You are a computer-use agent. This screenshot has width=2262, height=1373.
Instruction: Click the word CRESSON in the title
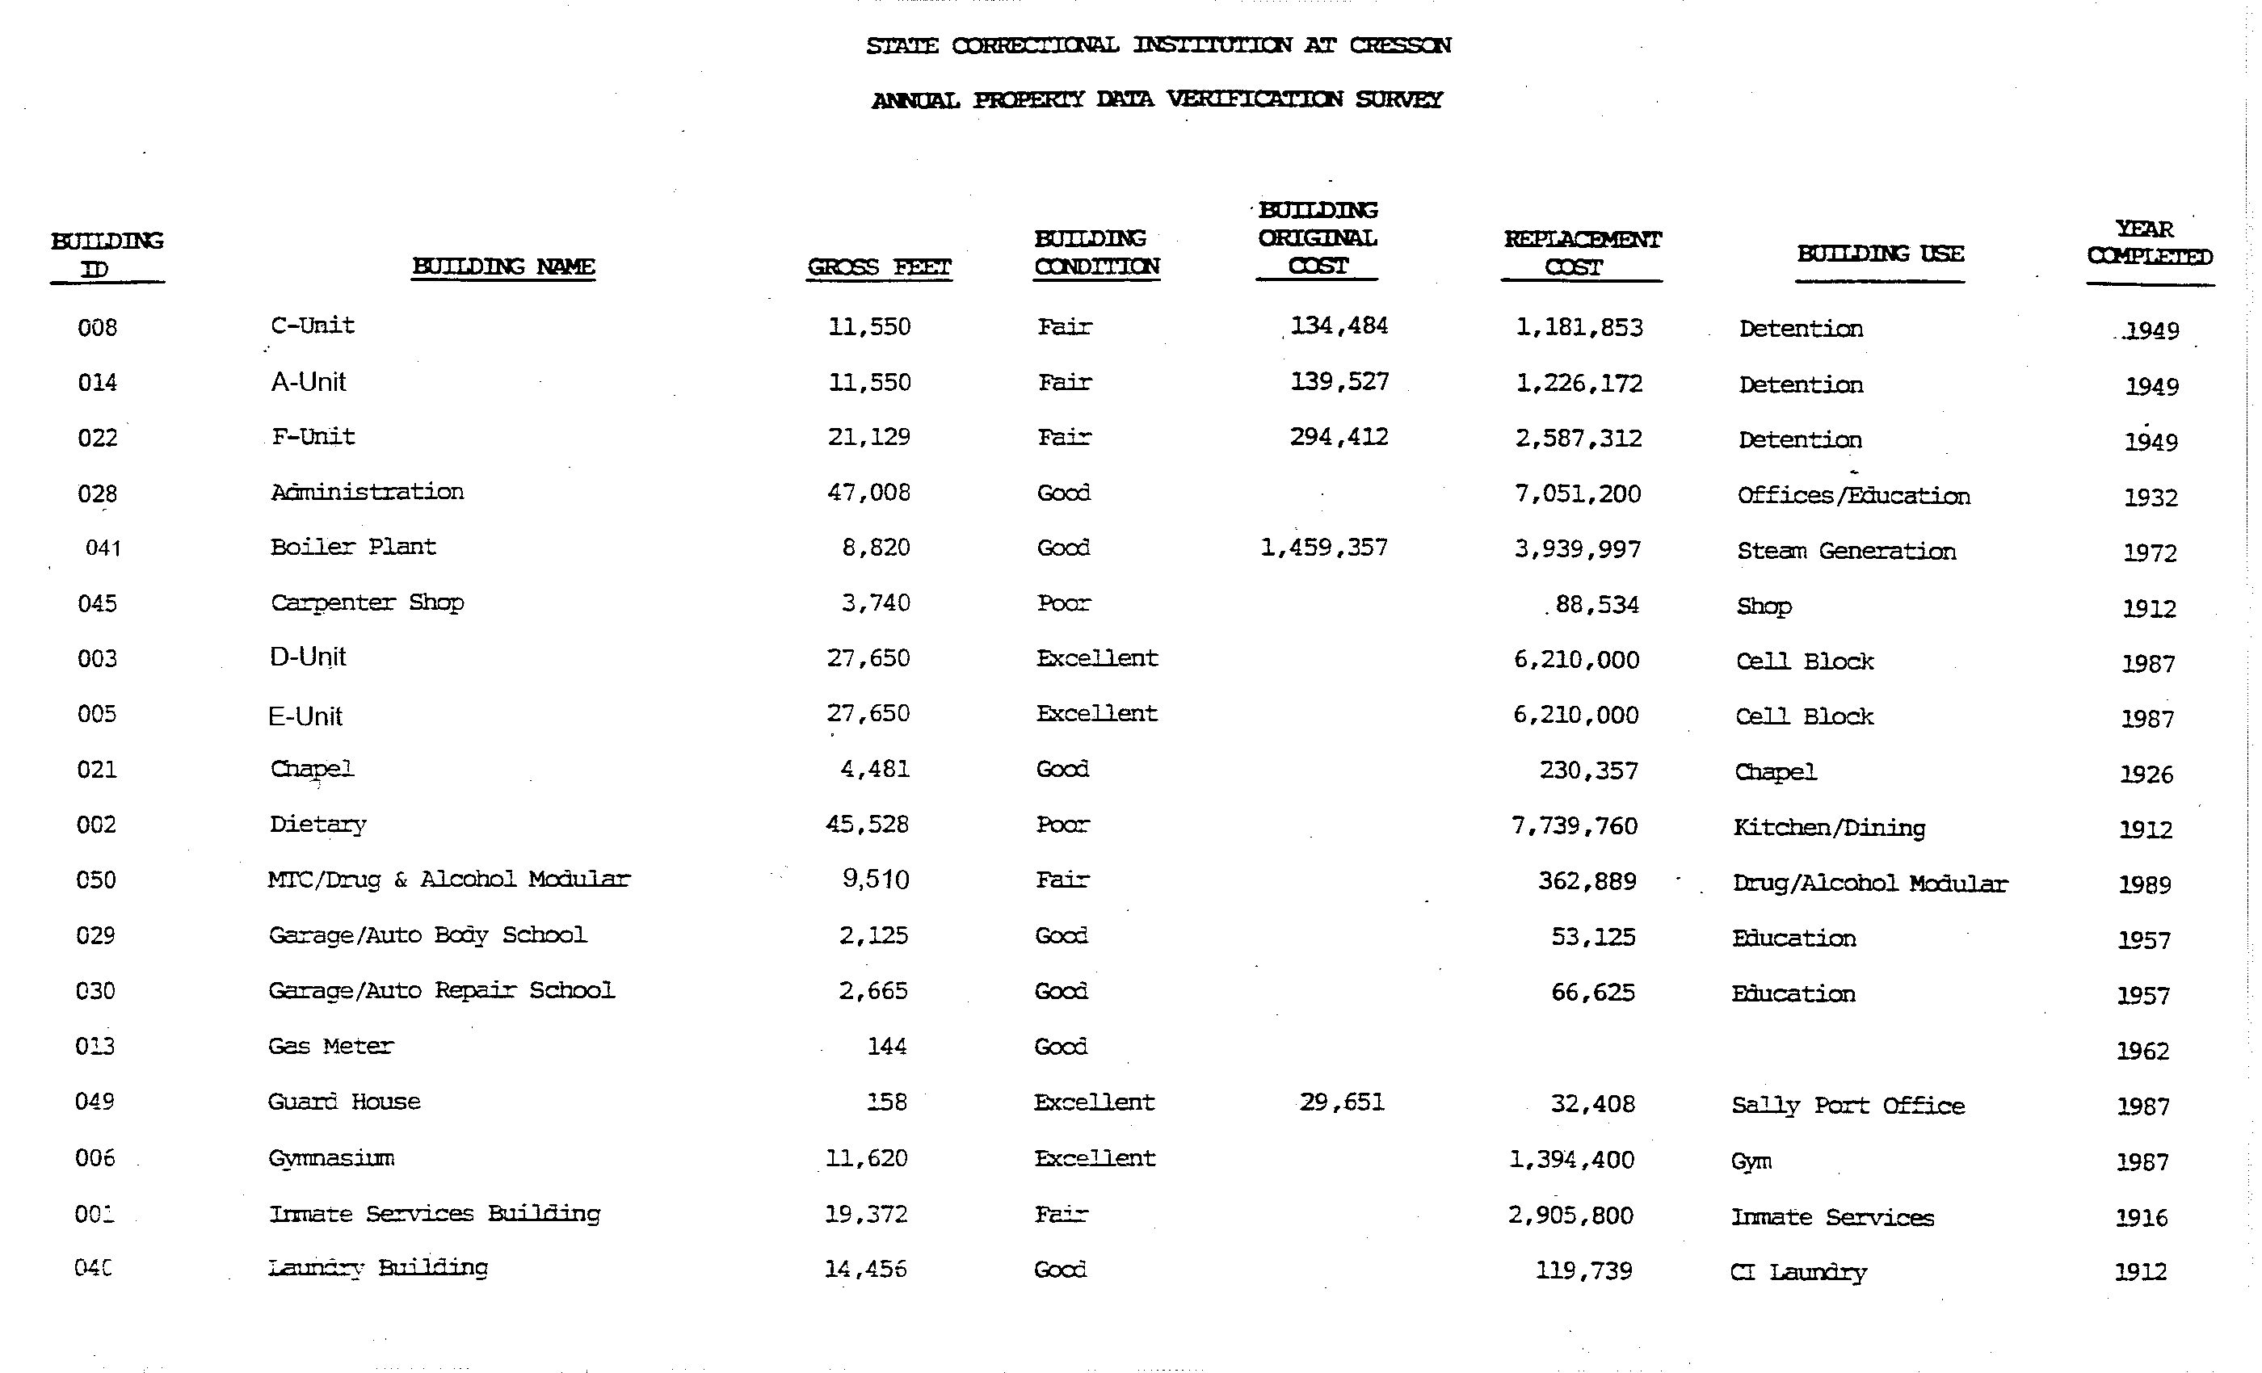(1400, 45)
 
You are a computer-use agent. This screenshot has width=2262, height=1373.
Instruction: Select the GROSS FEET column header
(879, 267)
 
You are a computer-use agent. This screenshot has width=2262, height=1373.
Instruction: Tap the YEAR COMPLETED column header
(2149, 242)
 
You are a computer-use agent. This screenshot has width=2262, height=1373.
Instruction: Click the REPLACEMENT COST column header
(1582, 252)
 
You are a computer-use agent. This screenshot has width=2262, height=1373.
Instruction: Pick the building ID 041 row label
(103, 548)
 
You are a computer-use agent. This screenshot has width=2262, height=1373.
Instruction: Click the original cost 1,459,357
(1324, 548)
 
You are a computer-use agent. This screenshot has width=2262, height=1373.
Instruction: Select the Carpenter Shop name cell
(368, 603)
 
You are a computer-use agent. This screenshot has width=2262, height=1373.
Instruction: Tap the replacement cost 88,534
(1596, 605)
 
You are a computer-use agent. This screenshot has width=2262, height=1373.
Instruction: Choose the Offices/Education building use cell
(1852, 496)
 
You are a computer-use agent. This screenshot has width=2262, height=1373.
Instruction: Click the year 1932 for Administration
(2150, 498)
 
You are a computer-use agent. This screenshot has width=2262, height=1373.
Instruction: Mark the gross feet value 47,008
(868, 493)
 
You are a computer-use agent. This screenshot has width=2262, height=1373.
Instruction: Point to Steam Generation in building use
(1846, 551)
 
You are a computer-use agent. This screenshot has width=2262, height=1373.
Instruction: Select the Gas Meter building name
(330, 1046)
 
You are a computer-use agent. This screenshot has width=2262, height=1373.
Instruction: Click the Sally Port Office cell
(1847, 1105)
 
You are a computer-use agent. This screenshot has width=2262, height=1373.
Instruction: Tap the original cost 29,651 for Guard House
(1341, 1102)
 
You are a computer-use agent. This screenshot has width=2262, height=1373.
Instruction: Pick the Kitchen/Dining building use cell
(1829, 828)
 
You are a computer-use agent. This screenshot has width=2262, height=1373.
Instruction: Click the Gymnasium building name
(331, 1158)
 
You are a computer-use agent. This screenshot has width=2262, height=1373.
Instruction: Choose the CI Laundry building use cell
(1797, 1272)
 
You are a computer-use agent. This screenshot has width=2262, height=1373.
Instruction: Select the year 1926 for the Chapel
(2146, 775)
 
